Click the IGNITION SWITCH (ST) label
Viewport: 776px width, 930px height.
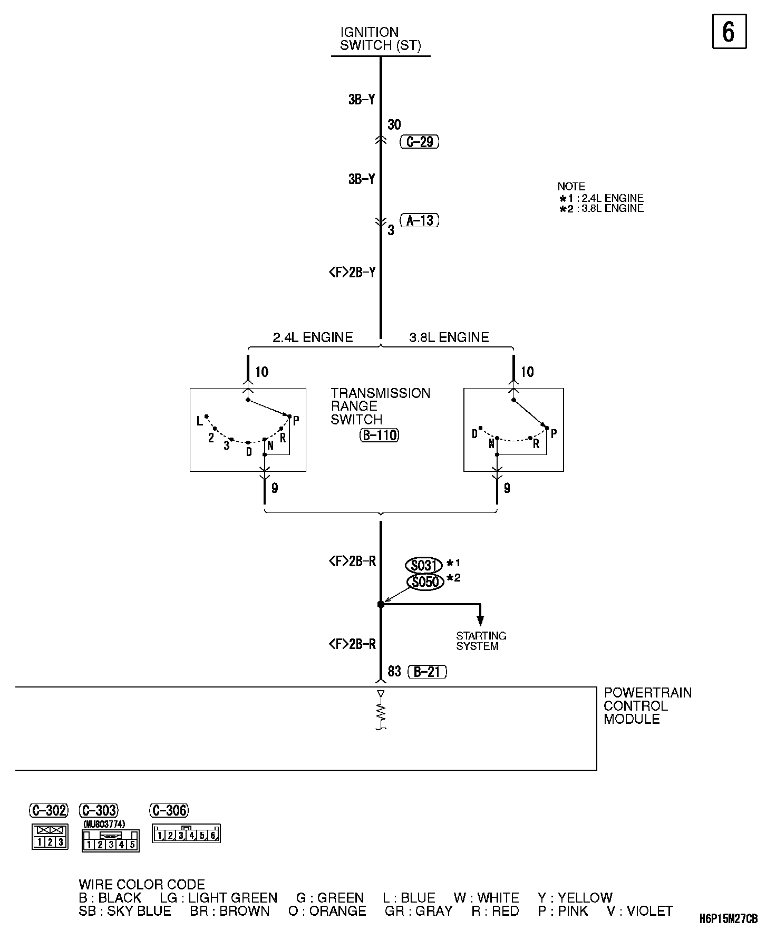[380, 39]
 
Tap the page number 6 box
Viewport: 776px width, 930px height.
[729, 32]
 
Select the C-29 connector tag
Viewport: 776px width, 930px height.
[420, 142]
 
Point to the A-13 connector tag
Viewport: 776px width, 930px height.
[420, 220]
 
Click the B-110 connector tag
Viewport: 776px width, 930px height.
[379, 435]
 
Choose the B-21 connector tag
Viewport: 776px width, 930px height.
[427, 672]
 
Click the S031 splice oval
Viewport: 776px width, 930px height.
[423, 566]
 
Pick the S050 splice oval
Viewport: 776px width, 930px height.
[425, 582]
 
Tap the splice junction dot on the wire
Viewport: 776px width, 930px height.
[381, 604]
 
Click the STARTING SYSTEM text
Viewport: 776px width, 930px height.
[481, 641]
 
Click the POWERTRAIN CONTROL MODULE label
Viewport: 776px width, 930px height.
[647, 706]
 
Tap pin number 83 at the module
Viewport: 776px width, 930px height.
[394, 672]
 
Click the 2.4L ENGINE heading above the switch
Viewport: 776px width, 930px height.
[313, 337]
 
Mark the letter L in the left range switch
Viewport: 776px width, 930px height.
[200, 421]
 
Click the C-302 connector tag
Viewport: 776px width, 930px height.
[48, 810]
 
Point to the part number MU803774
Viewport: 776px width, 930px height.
[104, 824]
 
